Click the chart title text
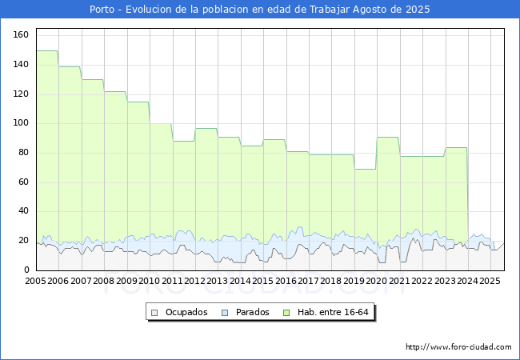pyautogui.click(x=259, y=10)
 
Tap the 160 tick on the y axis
pyautogui.click(x=21, y=34)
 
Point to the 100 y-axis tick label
pyautogui.click(x=21, y=123)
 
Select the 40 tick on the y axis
pyautogui.click(x=23, y=211)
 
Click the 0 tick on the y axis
pyautogui.click(x=26, y=270)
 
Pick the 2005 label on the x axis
pyautogui.click(x=36, y=282)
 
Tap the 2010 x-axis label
pyautogui.click(x=150, y=282)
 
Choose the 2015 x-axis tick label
pyautogui.click(x=263, y=282)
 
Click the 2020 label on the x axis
pyautogui.click(x=377, y=282)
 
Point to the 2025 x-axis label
pyautogui.click(x=490, y=282)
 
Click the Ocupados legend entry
pyautogui.click(x=186, y=312)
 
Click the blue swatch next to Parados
pyautogui.click(x=226, y=312)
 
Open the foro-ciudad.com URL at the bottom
pyautogui.click(x=458, y=347)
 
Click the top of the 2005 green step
pyautogui.click(x=47, y=51)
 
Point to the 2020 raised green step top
pyautogui.click(x=388, y=138)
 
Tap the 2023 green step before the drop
pyautogui.click(x=456, y=148)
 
